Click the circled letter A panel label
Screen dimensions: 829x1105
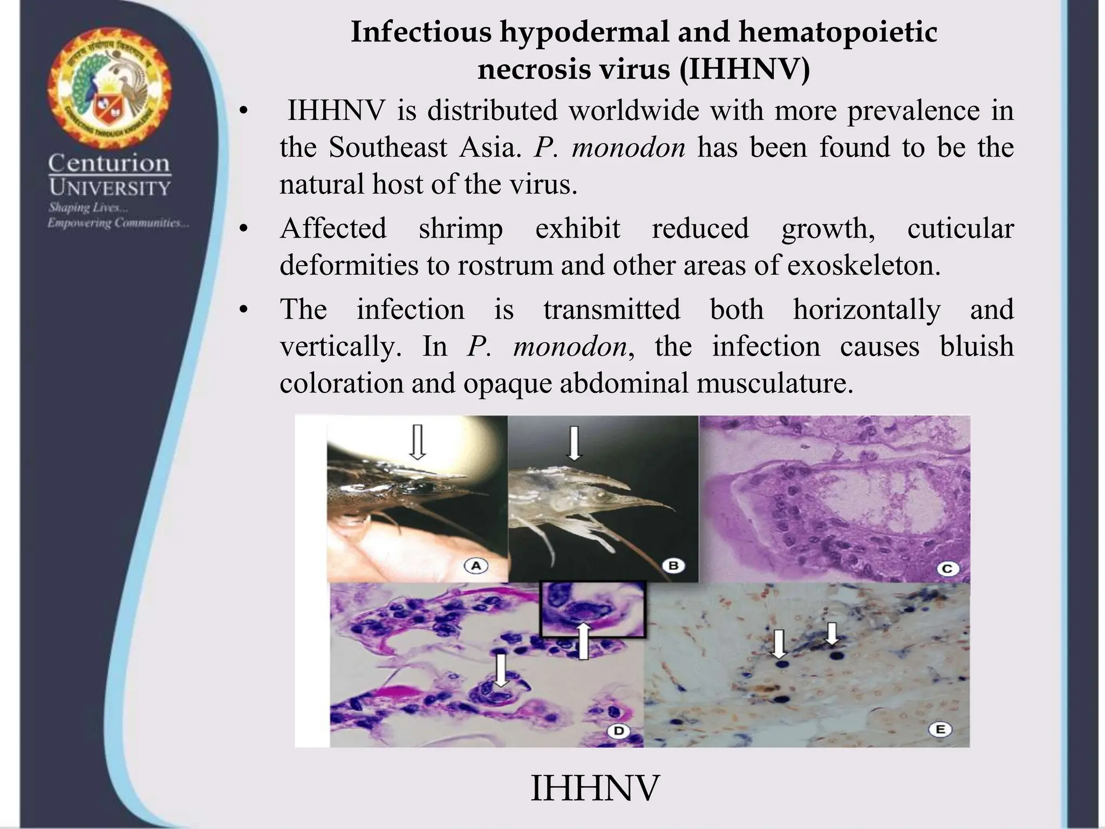click(x=476, y=566)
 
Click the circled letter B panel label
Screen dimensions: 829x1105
click(x=673, y=566)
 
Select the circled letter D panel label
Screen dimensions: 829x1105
click(x=618, y=731)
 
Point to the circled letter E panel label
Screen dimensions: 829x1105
click(x=940, y=730)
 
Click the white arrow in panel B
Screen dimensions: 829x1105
click(x=574, y=443)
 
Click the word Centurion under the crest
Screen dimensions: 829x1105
click(x=110, y=163)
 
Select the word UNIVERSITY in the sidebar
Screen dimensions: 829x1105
click(x=110, y=188)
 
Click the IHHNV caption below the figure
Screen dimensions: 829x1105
click(x=595, y=788)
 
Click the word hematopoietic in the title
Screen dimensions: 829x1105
click(x=837, y=32)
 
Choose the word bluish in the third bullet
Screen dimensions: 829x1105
click(x=976, y=346)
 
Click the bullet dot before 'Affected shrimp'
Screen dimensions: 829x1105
click(x=244, y=230)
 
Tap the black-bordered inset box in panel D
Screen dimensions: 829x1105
click(x=592, y=610)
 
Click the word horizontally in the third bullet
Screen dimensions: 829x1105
click(x=866, y=310)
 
